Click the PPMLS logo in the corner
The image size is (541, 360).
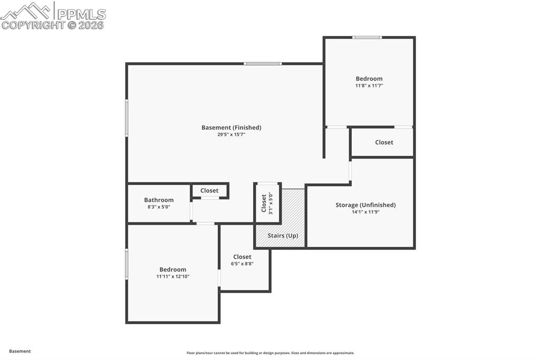pos(53,16)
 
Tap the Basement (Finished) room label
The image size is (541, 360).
pos(231,127)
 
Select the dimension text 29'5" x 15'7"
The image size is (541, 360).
pos(231,135)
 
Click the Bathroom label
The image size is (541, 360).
pos(158,200)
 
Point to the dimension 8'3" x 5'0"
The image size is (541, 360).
pos(158,207)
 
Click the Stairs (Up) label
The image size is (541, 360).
pos(280,235)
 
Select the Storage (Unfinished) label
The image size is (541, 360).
pos(365,205)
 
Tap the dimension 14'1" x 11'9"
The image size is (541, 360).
pos(365,212)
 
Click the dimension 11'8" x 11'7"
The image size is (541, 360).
pos(369,86)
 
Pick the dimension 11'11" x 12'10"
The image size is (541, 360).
pos(173,276)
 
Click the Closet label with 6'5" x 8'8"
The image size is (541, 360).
pos(242,257)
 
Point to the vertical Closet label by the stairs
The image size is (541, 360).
pos(264,203)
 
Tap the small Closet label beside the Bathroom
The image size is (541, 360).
pos(209,191)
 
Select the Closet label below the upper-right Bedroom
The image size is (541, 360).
pos(384,142)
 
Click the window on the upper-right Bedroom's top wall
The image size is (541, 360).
pos(367,37)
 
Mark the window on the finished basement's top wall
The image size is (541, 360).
pos(263,64)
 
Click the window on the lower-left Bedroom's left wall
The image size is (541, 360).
pos(127,264)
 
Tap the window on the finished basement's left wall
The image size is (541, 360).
pos(127,118)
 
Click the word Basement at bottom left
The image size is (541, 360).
pos(20,351)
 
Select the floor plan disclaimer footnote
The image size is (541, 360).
pos(270,353)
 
